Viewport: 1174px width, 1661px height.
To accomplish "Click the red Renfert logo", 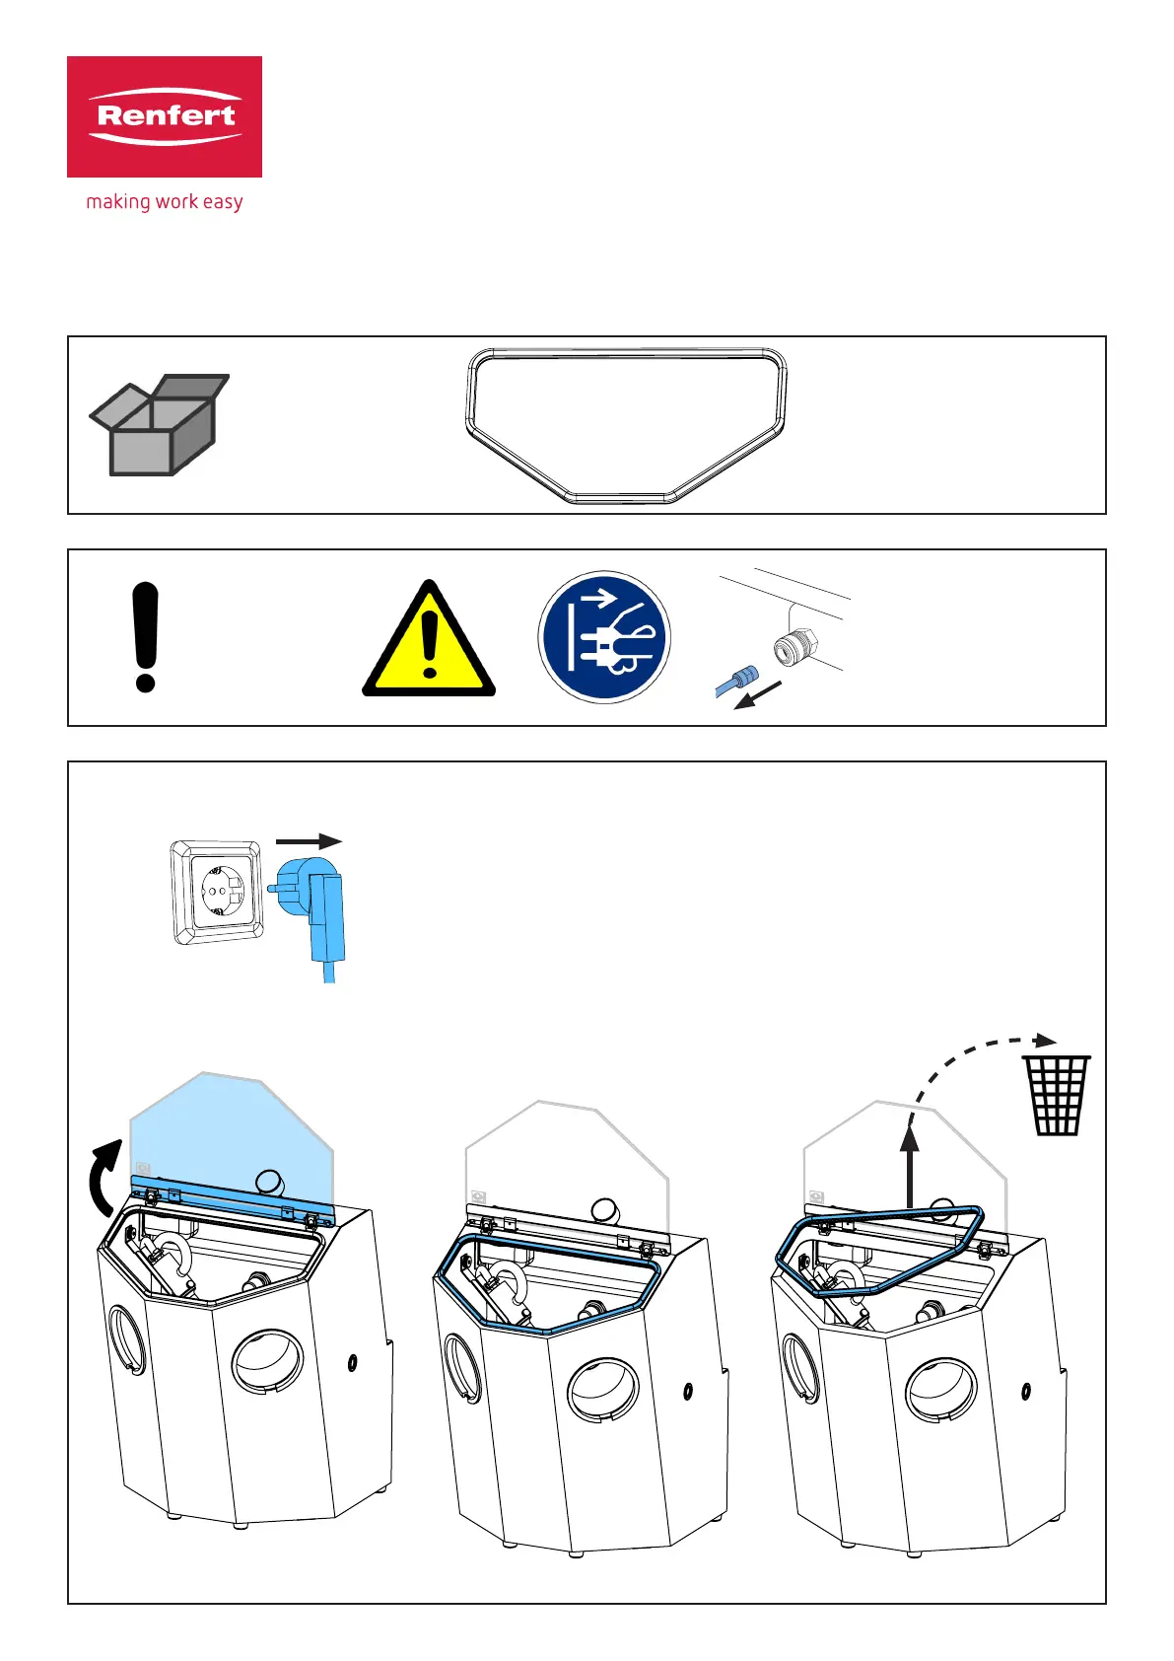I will tap(165, 116).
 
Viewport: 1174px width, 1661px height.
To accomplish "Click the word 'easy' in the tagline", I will tap(223, 202).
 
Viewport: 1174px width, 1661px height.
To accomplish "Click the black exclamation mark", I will tap(145, 637).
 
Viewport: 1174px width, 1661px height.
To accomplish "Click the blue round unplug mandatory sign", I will tap(603, 637).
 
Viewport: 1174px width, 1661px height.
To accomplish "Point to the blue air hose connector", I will tap(736, 681).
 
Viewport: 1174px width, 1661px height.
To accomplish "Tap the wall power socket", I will tap(217, 893).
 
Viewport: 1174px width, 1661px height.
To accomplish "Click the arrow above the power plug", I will tap(309, 841).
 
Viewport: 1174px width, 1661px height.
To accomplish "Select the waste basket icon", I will tap(1056, 1095).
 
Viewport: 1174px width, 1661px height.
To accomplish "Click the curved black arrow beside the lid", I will tap(104, 1178).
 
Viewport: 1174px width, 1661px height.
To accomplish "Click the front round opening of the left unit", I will tap(267, 1362).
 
